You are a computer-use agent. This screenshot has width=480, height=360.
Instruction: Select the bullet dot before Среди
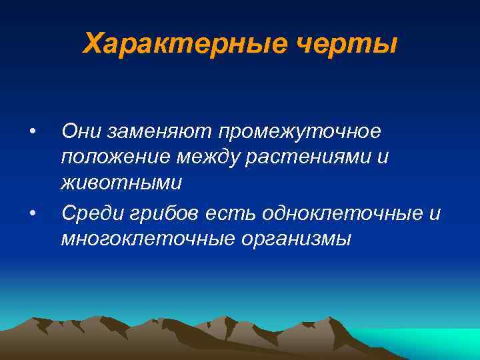pyautogui.click(x=32, y=213)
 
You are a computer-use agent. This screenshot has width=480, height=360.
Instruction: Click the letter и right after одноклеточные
pyautogui.click(x=435, y=213)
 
